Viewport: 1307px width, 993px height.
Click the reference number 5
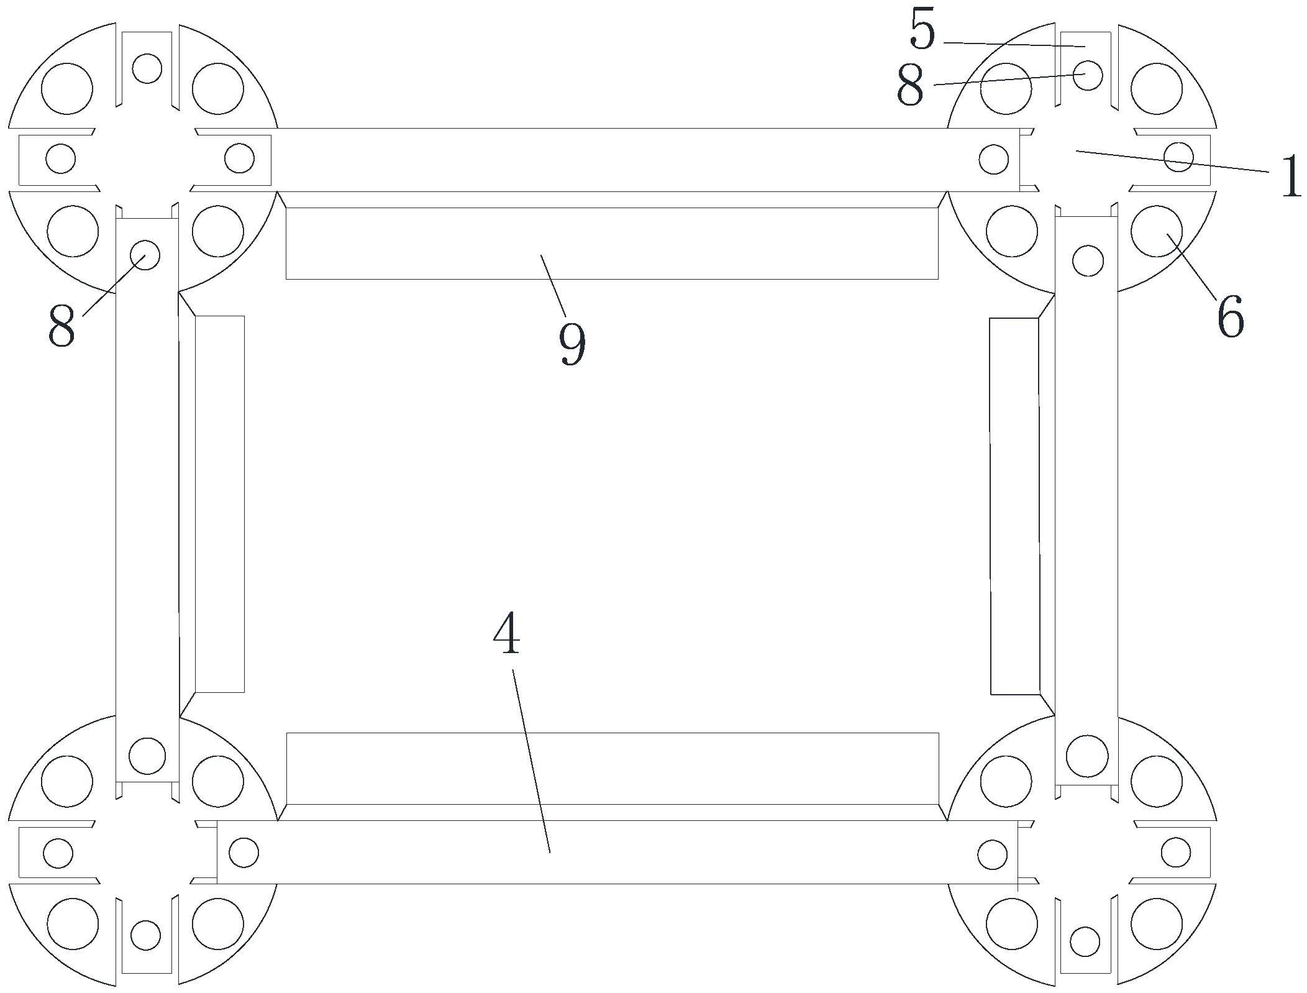922,30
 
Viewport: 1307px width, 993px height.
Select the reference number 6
1230,317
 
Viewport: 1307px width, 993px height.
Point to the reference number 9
572,344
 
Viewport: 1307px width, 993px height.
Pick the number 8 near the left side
61,326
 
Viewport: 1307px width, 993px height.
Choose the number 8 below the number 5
910,86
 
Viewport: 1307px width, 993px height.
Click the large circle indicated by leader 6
1157,231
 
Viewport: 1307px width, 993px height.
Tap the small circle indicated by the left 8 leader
145,255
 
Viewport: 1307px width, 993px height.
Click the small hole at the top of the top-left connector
147,68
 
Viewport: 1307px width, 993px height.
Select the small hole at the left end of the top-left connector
61,158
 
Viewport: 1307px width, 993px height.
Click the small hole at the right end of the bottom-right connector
1176,852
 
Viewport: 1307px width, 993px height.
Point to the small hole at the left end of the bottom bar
244,852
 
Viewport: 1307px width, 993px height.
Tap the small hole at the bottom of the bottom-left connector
146,935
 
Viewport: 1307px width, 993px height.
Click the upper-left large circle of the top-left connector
67,88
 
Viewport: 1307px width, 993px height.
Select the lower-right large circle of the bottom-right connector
1157,923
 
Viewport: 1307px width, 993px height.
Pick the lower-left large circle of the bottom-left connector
73,923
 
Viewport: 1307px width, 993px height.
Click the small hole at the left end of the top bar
239,158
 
